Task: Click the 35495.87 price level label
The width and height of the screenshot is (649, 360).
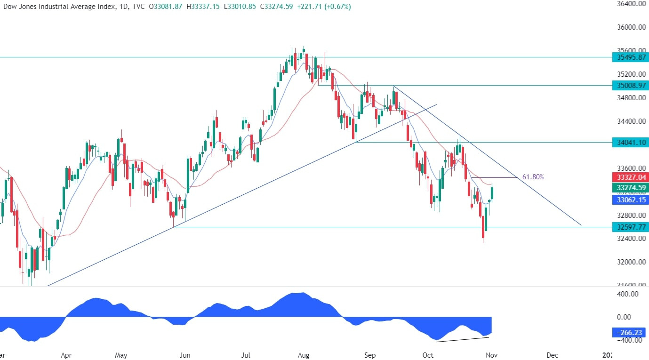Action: [630, 57]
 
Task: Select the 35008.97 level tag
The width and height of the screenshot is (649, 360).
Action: [630, 85]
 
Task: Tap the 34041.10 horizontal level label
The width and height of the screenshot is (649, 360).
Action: [630, 142]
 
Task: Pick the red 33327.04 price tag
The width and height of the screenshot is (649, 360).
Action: [630, 177]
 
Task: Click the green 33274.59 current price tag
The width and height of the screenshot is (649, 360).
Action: [630, 188]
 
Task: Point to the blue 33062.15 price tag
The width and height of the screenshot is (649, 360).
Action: [630, 200]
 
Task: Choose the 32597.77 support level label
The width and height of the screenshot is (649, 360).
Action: [630, 227]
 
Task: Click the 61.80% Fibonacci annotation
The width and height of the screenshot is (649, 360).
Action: [533, 177]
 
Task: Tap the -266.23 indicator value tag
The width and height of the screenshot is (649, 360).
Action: [630, 332]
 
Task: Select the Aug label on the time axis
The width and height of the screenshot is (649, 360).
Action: [304, 355]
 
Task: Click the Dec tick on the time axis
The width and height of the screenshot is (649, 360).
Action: [553, 355]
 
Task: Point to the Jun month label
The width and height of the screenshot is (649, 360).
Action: [184, 355]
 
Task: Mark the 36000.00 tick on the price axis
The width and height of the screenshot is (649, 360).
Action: [629, 27]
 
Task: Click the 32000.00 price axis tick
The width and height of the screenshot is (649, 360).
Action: [629, 262]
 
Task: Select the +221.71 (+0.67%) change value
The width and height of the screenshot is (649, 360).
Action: [324, 7]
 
